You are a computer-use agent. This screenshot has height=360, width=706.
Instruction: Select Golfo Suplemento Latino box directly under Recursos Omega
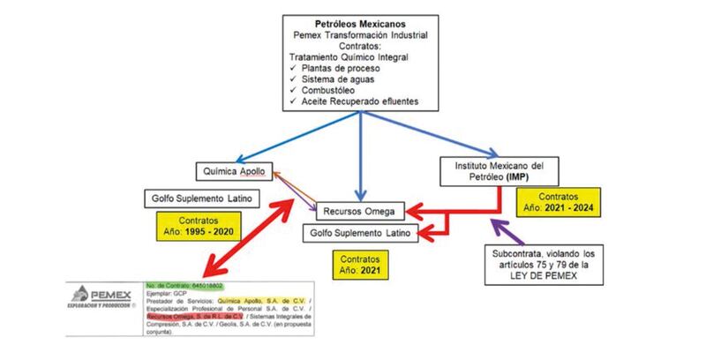(360, 232)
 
